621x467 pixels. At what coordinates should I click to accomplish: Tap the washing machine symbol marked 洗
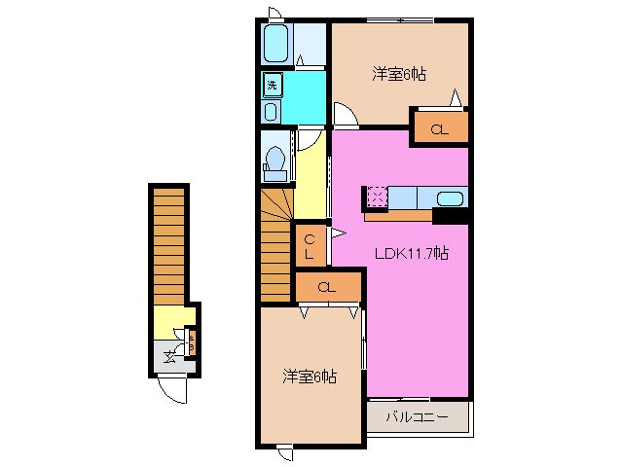[273, 85]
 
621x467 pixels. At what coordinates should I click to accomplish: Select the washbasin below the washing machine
[272, 111]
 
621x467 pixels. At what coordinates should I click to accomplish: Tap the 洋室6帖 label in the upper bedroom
[400, 74]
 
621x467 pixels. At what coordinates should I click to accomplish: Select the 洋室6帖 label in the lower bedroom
[310, 376]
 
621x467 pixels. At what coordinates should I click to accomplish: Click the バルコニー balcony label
[417, 416]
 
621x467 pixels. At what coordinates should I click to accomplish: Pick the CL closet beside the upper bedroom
[439, 128]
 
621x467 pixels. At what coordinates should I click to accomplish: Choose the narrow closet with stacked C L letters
[309, 246]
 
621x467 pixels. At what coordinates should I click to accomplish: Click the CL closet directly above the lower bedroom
[327, 287]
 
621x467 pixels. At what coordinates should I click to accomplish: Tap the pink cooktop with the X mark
[377, 198]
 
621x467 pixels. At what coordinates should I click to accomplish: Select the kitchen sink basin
[450, 198]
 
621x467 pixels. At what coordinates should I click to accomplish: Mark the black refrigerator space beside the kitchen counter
[451, 216]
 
